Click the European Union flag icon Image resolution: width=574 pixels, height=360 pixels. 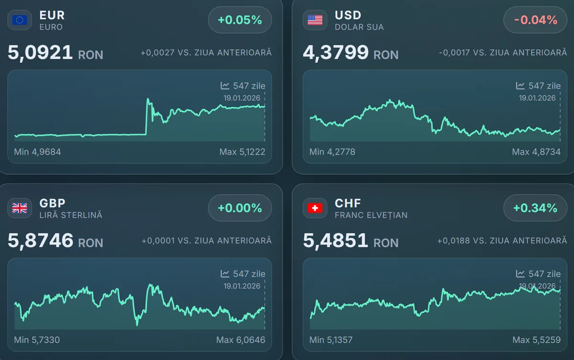click(x=20, y=20)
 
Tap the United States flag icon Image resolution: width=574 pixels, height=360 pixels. click(x=315, y=20)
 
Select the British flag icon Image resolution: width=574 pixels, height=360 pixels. click(x=20, y=208)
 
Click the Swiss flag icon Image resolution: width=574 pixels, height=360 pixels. click(x=315, y=208)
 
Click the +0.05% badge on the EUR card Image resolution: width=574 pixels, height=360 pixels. click(x=240, y=20)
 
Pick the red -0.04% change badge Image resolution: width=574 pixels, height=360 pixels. click(x=535, y=20)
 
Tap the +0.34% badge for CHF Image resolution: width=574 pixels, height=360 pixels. click(x=535, y=208)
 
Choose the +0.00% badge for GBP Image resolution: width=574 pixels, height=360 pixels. click(x=240, y=208)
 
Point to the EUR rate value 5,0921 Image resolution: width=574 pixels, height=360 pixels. click(x=40, y=52)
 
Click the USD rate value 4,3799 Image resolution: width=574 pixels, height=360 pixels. click(x=336, y=52)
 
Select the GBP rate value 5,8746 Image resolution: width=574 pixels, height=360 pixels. click(x=41, y=240)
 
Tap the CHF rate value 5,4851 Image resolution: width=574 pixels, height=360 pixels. click(x=336, y=240)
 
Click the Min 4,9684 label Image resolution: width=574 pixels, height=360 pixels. click(x=38, y=152)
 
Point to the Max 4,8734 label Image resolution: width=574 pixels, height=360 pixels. click(x=536, y=152)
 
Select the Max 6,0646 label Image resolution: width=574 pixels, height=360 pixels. click(x=241, y=340)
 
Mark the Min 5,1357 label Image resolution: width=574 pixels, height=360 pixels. click(x=331, y=340)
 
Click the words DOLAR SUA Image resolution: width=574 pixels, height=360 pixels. click(x=359, y=27)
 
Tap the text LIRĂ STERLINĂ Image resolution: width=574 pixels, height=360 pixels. click(x=71, y=215)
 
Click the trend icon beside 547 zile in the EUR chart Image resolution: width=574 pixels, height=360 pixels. click(x=225, y=86)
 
